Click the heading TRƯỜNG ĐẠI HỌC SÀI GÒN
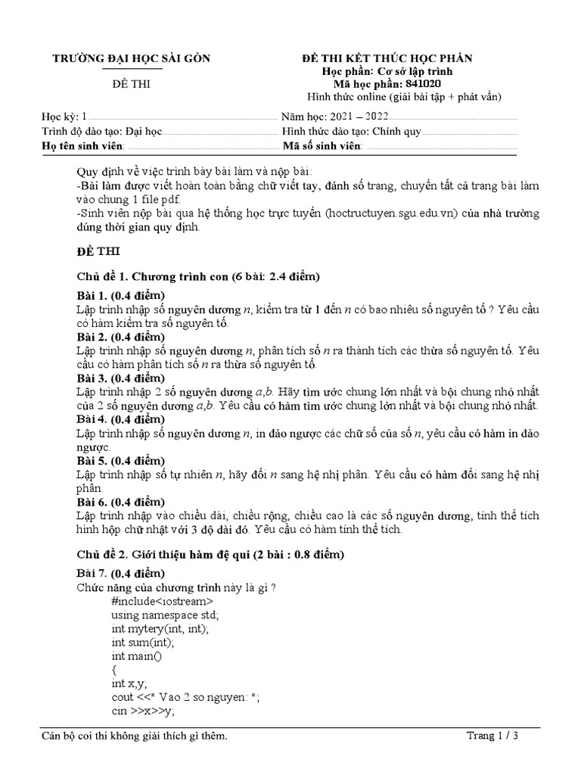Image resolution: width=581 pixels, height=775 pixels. [131, 59]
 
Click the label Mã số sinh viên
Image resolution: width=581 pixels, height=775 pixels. [323, 145]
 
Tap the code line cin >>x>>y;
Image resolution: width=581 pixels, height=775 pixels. [142, 711]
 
